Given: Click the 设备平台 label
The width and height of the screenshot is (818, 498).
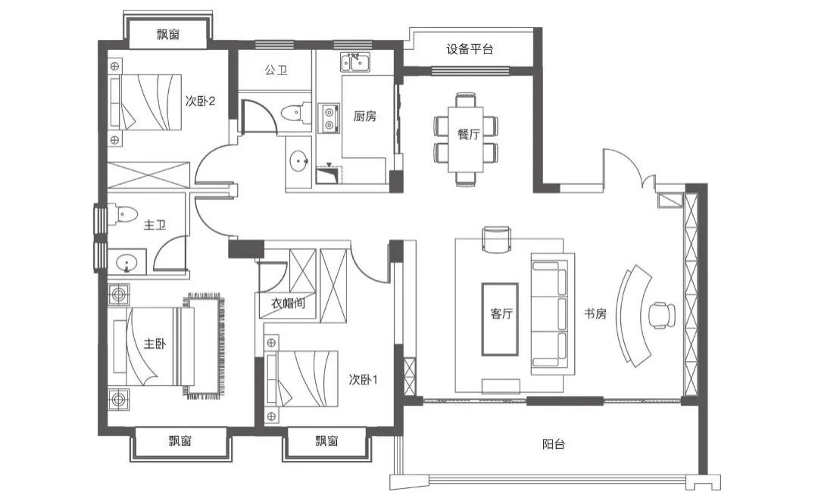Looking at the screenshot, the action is (x=470, y=49).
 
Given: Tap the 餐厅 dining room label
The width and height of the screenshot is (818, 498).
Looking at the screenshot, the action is (x=469, y=134).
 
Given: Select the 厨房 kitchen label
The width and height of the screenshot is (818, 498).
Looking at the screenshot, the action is (x=364, y=117).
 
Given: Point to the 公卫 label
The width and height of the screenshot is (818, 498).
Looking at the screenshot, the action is (x=276, y=70).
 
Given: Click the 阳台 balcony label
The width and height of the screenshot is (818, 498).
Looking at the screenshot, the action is (x=553, y=444).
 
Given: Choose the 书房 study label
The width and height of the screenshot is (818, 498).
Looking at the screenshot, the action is (x=595, y=314).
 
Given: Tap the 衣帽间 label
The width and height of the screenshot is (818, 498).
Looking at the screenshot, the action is (x=288, y=303).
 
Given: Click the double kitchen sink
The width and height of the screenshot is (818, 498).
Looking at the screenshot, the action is (x=356, y=63).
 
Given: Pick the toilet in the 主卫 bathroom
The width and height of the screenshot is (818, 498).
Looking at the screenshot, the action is (x=123, y=213).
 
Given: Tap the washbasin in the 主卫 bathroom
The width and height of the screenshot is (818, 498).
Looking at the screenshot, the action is (x=126, y=262).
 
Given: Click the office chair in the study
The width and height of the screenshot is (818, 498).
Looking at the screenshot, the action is (x=661, y=315).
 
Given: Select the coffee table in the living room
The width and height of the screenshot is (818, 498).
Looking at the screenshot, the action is (x=500, y=319).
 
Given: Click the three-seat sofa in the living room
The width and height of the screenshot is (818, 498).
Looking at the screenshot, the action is (x=552, y=314).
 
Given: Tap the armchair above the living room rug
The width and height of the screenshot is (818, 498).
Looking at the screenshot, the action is (x=496, y=239).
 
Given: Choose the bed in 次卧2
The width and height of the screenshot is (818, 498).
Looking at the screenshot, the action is (x=145, y=101).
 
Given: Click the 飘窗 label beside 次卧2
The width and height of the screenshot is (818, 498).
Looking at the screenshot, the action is (x=168, y=34).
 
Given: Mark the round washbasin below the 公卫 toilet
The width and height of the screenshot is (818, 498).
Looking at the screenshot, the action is (x=299, y=161).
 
